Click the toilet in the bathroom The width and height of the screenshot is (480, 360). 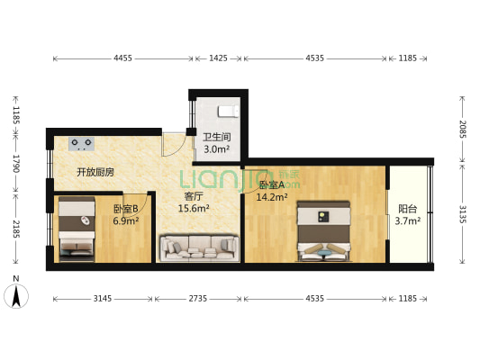click(x=228, y=112)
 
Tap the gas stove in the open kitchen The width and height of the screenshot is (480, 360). click(x=82, y=142)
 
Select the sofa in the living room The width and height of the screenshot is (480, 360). click(x=198, y=246)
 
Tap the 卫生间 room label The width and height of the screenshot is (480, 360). click(x=215, y=138)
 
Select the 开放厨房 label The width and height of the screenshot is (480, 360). click(x=95, y=172)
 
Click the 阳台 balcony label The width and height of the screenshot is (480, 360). click(x=407, y=209)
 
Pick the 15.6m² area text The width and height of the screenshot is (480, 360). click(x=194, y=208)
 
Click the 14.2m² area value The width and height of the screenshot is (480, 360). click(x=271, y=197)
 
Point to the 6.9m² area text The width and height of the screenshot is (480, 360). click(x=126, y=220)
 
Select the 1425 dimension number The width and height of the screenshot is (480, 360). click(x=218, y=58)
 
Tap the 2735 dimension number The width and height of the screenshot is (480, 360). click(x=198, y=297)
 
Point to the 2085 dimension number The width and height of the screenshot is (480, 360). click(x=462, y=129)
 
